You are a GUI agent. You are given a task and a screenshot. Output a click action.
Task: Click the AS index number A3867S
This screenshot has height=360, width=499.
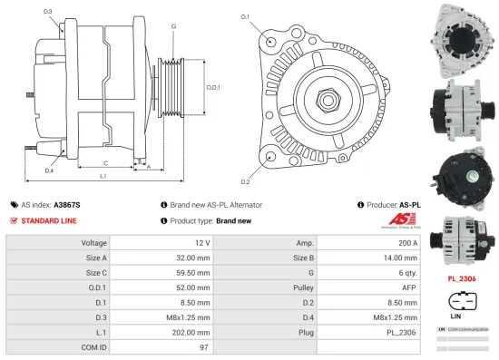pyautogui.click(x=68, y=205)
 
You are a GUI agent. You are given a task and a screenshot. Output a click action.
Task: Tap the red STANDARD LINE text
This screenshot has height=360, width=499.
pyautogui.click(x=48, y=220)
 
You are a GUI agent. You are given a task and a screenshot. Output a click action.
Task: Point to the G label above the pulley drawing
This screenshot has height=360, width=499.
pyautogui.click(x=172, y=25)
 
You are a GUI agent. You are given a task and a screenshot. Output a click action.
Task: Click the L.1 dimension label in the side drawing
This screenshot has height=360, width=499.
pyautogui.click(x=103, y=174)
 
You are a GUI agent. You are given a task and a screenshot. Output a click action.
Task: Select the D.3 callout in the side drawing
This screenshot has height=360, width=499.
pyautogui.click(x=47, y=12)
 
